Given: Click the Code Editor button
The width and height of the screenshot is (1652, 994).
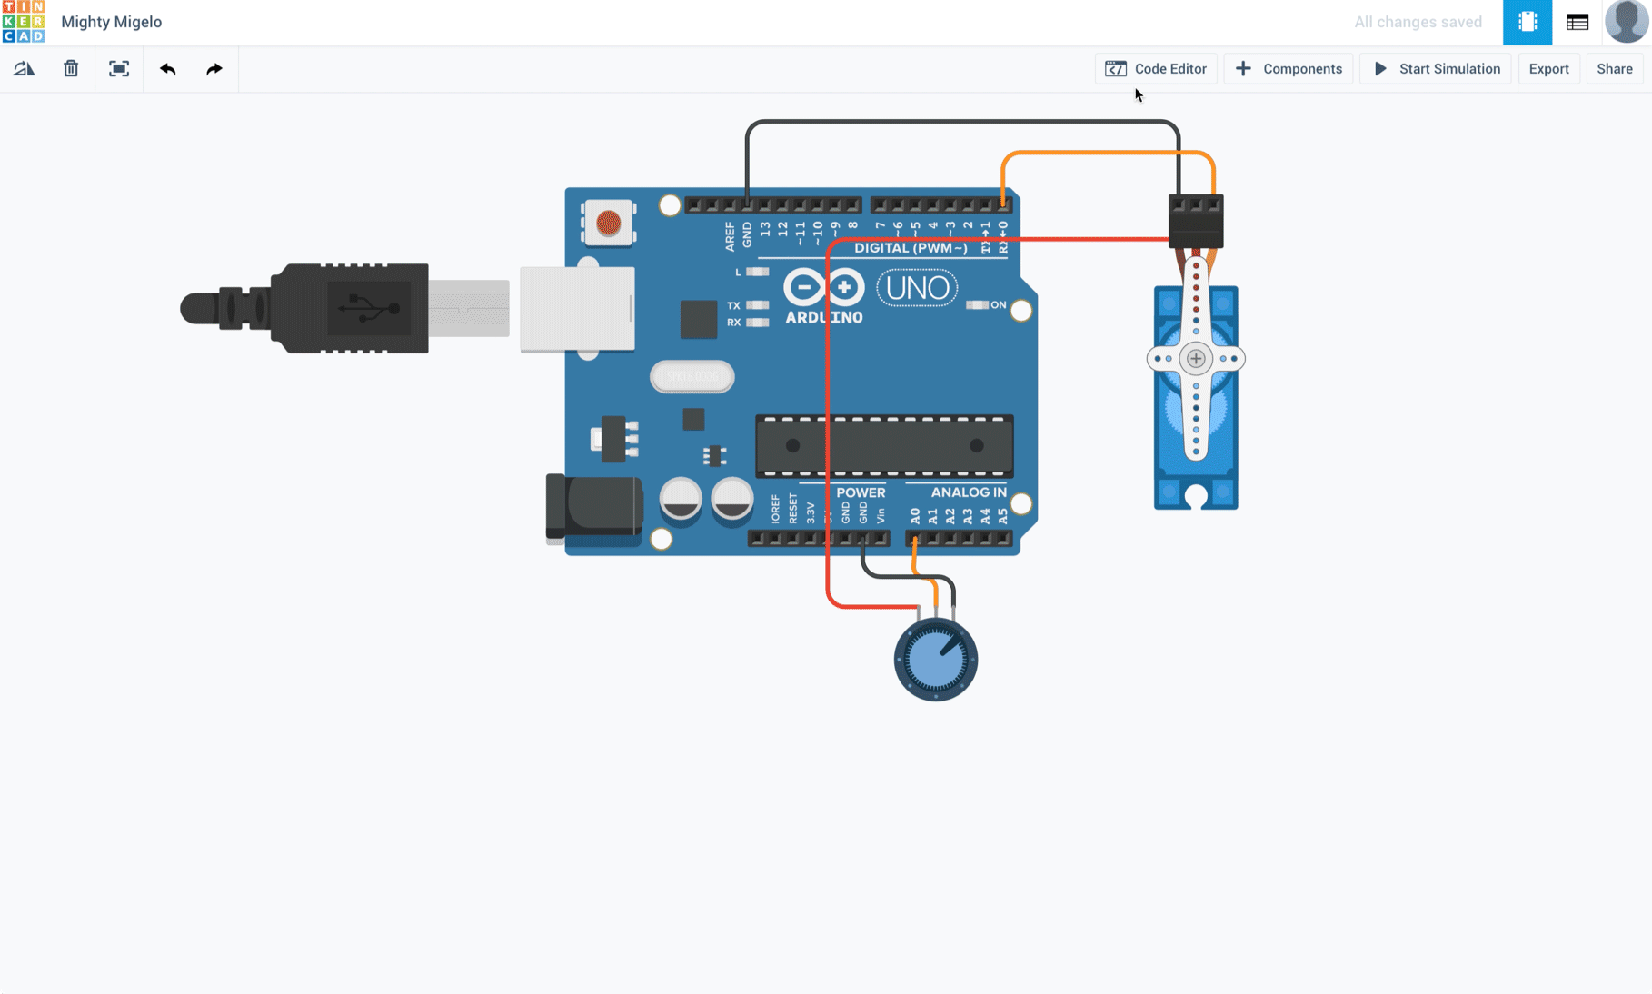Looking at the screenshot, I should pos(1156,69).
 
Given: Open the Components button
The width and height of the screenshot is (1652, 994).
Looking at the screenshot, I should pos(1289,69).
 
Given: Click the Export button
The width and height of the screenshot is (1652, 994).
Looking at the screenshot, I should pos(1548,69).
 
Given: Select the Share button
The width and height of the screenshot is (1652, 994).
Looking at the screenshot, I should pos(1614,69).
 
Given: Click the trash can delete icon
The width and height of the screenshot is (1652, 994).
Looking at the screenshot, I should pos(71,69).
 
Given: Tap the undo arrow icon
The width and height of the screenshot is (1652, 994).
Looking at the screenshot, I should pos(167,69).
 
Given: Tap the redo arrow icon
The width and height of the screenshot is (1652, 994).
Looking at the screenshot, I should pos(214,69).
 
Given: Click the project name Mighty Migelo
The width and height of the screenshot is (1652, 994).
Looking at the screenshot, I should pos(112,22).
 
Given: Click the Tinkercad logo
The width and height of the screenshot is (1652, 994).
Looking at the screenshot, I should pos(23,22).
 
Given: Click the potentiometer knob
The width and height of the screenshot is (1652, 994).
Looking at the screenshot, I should pos(936,660).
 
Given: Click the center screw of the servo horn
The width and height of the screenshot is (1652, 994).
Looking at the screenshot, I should pos(1196,359).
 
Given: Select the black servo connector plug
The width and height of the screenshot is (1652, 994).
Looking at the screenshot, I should pos(1196,221).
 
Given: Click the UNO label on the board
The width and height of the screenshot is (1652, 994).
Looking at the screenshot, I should pos(917,289).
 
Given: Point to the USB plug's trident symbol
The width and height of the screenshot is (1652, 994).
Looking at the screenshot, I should pos(369,309).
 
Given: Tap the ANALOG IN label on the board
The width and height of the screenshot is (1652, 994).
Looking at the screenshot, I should pos(969,492).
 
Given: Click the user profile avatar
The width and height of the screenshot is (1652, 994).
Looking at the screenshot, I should pos(1626,22).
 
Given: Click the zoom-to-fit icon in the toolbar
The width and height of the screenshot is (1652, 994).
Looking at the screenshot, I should pos(119,69).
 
